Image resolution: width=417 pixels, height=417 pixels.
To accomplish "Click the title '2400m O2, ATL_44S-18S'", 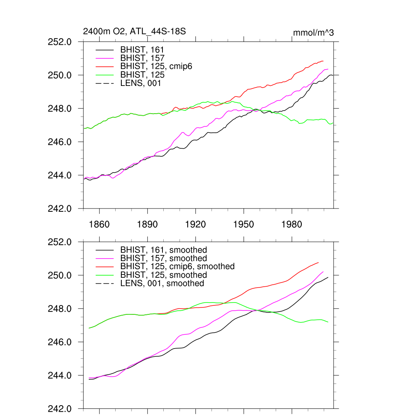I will coord(134,31).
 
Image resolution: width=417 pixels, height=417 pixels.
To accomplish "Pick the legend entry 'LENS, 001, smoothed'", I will coord(162,283).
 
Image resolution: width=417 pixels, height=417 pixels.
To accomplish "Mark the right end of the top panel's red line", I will coord(323,61).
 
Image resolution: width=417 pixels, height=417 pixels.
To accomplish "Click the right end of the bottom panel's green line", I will coord(328,322).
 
